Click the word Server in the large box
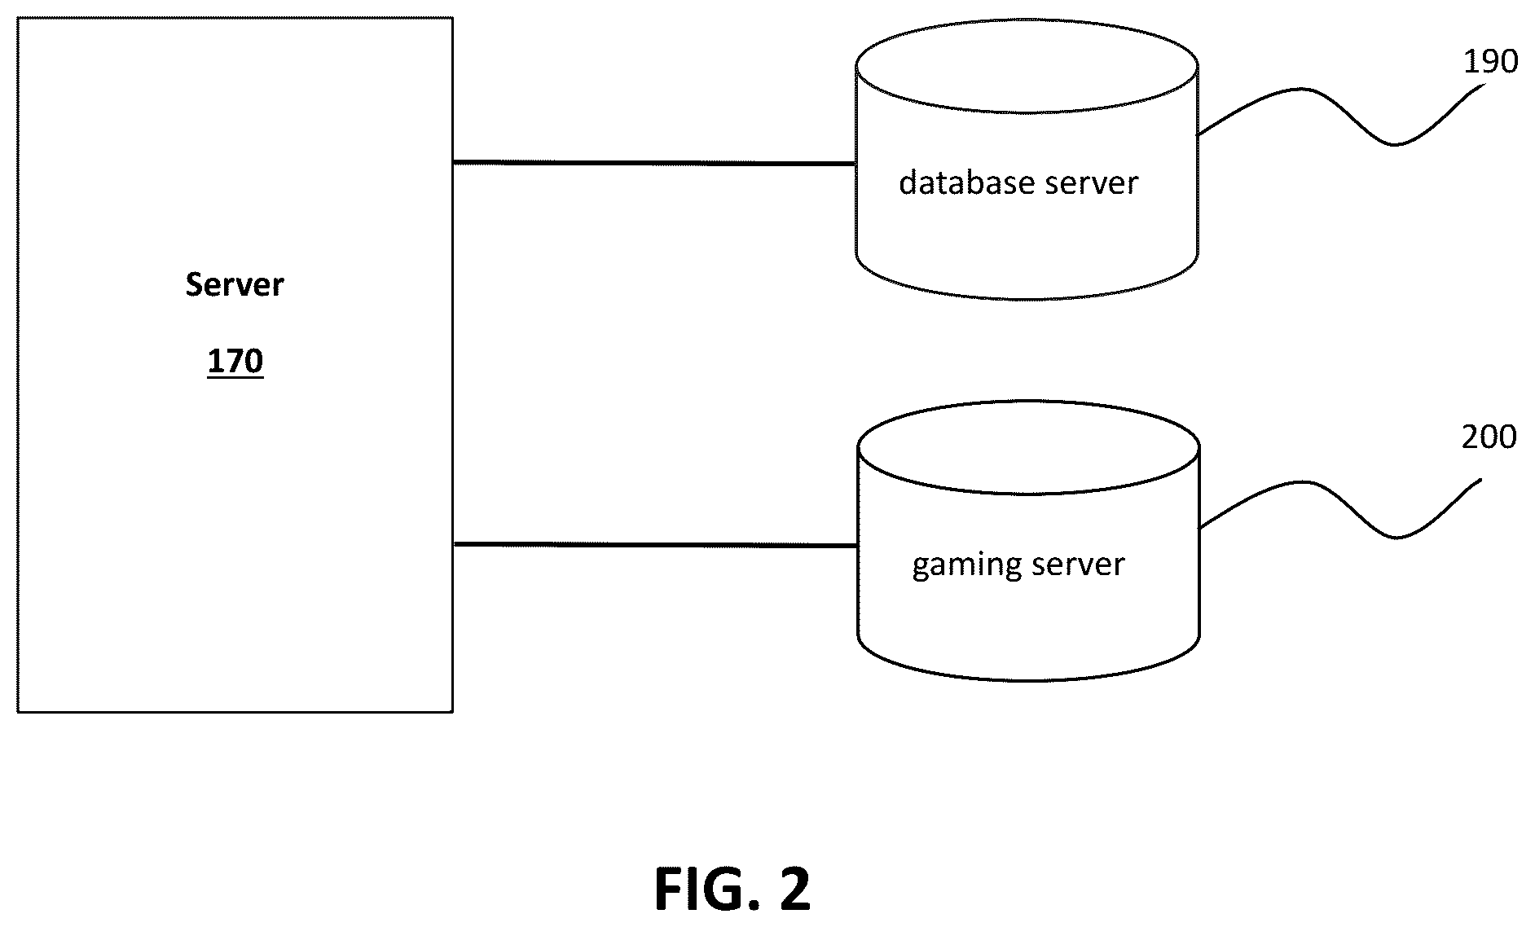pos(235,285)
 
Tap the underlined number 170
pos(235,361)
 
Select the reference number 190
pos(1490,62)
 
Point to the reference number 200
pos(1489,437)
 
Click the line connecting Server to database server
pos(654,163)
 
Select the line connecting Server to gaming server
pos(655,544)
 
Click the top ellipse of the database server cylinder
pos(1027,112)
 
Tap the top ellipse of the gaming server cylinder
pos(1029,493)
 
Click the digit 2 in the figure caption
pos(794,890)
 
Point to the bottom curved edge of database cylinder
pos(1027,297)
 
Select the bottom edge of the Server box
pos(235,712)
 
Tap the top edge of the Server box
pos(235,18)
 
